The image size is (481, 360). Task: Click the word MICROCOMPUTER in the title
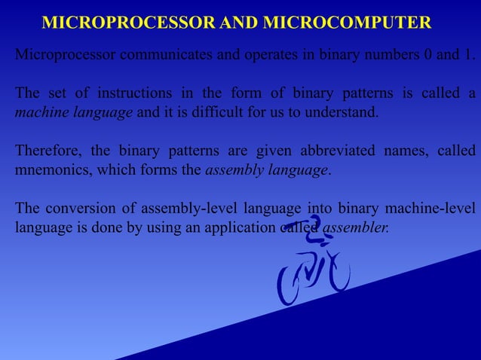[x=347, y=23]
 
